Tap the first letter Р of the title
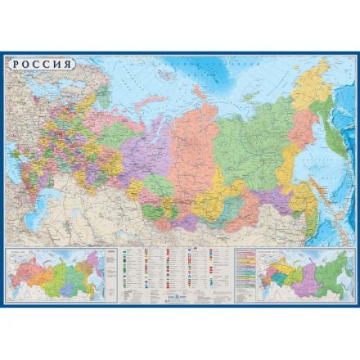(x=14, y=65)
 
